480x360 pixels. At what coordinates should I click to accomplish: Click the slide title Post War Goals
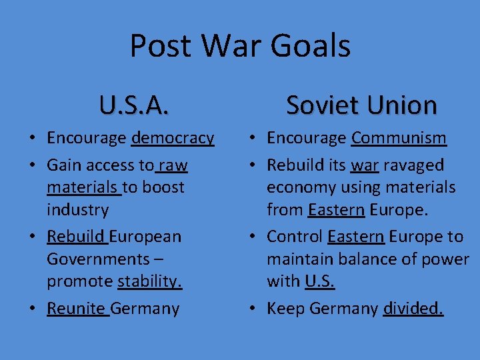coord(240,46)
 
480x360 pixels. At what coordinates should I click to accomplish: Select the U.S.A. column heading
coord(134,105)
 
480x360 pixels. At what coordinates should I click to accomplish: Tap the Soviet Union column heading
coord(361,105)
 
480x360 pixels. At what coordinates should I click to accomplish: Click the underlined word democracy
coord(173,138)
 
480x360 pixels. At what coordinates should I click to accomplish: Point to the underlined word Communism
coord(399,138)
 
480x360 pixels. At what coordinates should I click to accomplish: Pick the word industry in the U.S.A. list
coord(77,210)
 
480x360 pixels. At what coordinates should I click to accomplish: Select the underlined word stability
coord(149,281)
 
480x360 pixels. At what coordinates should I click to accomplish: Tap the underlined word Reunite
coord(77,309)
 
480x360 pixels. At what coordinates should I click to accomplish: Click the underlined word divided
coord(413,309)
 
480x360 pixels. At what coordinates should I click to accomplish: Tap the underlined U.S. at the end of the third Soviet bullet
coord(320,281)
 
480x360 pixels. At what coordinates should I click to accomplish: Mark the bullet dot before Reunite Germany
coord(33,309)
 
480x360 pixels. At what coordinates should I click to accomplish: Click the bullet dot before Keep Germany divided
coord(253,309)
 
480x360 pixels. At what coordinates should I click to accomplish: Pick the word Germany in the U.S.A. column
coord(146,309)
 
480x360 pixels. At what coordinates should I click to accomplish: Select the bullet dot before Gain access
coord(33,165)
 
